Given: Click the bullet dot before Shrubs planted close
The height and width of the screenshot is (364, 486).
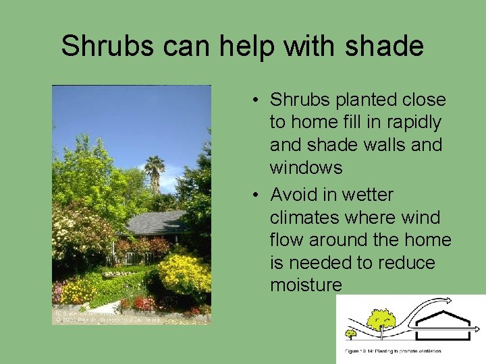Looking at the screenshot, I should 258,100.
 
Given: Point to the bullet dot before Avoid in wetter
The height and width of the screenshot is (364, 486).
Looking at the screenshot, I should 258,195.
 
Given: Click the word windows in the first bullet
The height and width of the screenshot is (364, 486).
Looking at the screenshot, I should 306,167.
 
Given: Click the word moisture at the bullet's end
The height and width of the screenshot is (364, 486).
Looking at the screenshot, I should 306,285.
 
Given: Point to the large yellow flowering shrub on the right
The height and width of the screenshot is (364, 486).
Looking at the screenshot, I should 184,275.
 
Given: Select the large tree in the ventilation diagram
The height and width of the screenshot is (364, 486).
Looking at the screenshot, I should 381,320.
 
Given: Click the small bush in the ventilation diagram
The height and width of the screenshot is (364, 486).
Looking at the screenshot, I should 351,332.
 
